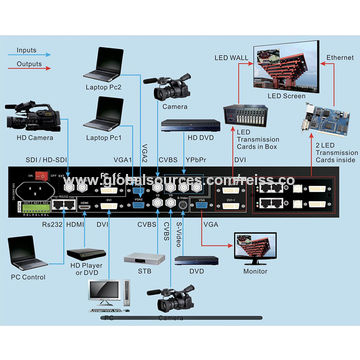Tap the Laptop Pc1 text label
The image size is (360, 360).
[105, 136]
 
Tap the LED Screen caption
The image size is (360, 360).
[285, 97]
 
